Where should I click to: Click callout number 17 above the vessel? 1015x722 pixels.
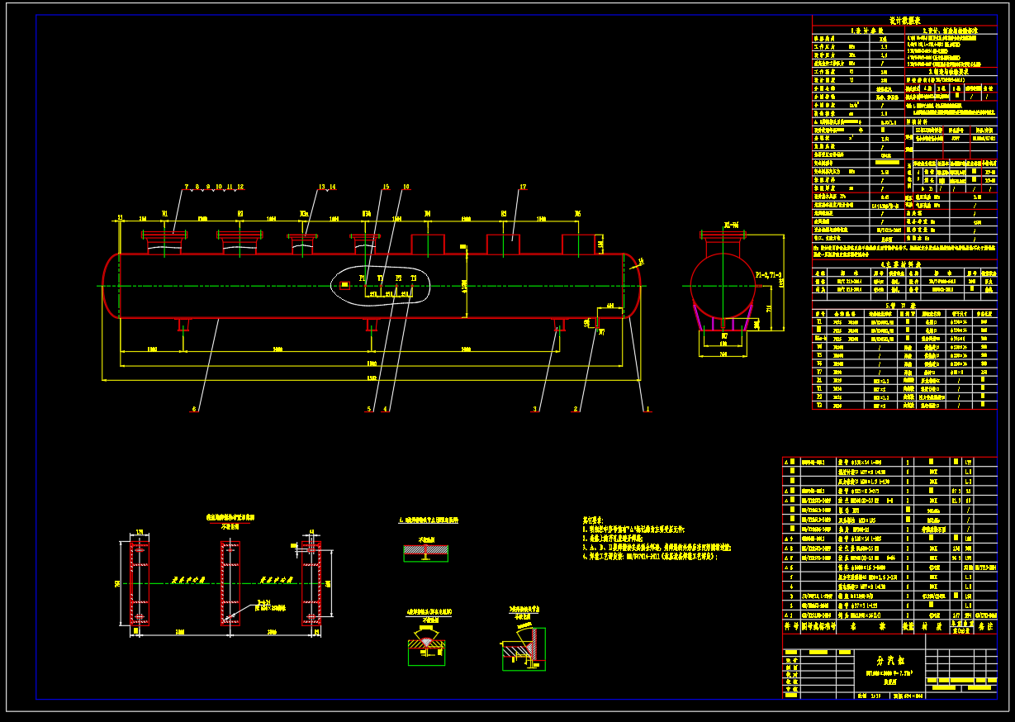(x=523, y=188)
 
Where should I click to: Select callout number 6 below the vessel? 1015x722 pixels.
(x=195, y=408)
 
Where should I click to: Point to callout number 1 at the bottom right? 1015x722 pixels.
(x=647, y=408)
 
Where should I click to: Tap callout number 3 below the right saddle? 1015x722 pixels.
(x=535, y=408)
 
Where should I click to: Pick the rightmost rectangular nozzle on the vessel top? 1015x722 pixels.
(x=578, y=245)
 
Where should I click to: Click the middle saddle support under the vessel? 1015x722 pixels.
(x=371, y=325)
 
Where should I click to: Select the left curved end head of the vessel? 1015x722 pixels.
(x=111, y=286)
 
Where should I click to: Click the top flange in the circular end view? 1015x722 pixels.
(x=723, y=235)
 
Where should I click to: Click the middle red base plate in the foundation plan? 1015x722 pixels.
(x=230, y=584)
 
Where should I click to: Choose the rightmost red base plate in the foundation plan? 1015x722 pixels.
(x=311, y=584)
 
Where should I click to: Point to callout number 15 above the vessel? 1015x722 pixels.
(x=385, y=188)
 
